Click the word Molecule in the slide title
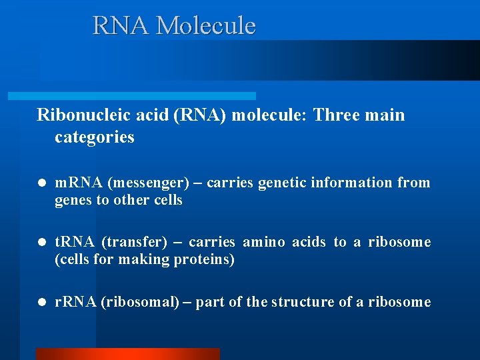[205, 26]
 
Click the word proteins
[204, 260]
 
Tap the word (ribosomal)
[140, 302]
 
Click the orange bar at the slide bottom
[127, 354]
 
